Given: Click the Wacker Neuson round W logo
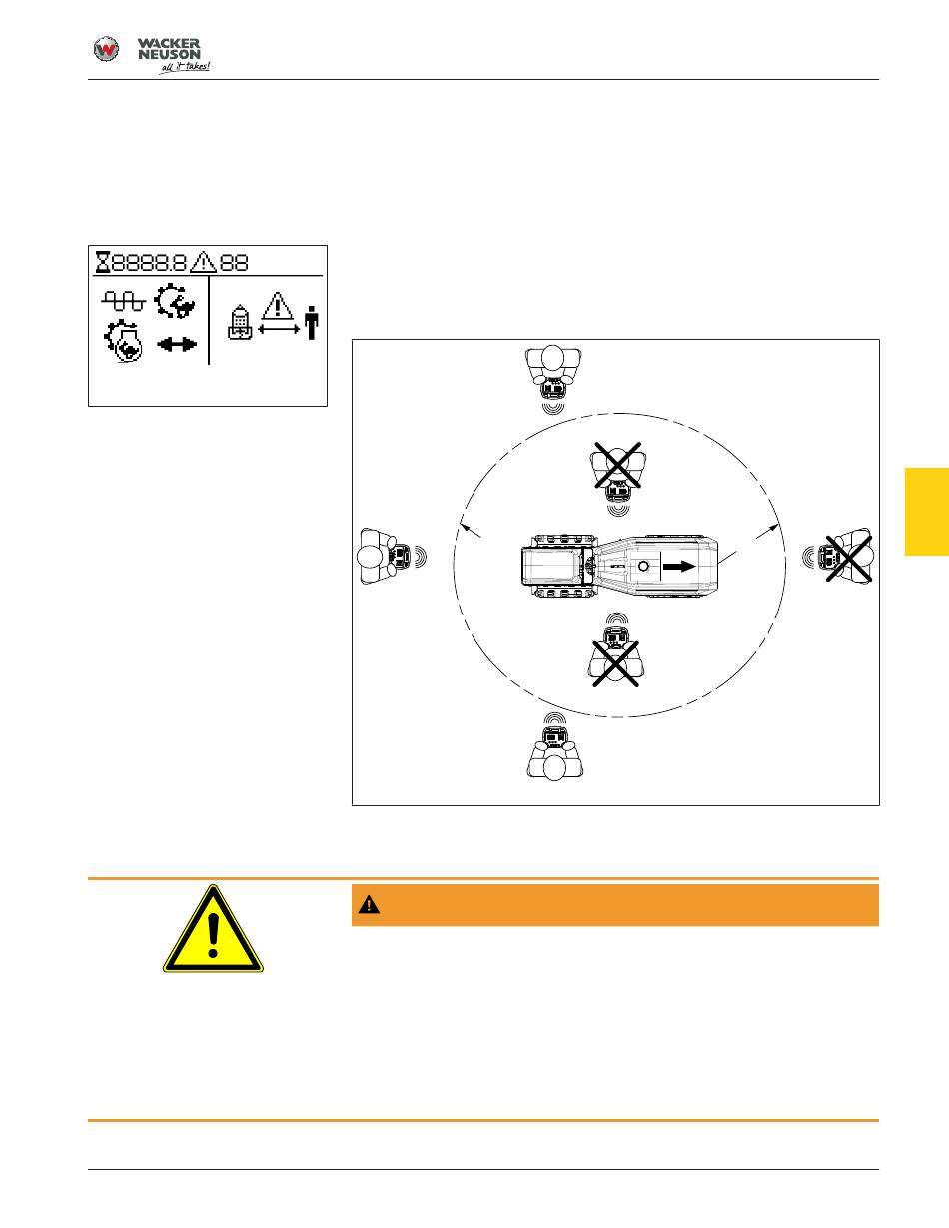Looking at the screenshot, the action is (106, 49).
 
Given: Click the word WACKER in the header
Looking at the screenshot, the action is (169, 43).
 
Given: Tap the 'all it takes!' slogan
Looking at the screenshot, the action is (184, 68).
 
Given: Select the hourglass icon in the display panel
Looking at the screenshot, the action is (102, 263).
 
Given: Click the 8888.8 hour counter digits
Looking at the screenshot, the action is (149, 263).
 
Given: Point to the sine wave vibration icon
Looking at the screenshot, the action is (123, 301).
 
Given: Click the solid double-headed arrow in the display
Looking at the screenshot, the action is (177, 344).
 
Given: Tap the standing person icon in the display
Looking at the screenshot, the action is (312, 323).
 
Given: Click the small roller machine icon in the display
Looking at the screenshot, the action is (240, 322).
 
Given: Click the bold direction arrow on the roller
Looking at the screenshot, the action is (679, 566).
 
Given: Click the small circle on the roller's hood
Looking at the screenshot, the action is (643, 566).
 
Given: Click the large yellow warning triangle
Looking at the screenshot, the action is (213, 929).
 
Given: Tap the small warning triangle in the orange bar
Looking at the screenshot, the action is (369, 904).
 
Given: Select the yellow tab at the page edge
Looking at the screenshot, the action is (927, 512).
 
